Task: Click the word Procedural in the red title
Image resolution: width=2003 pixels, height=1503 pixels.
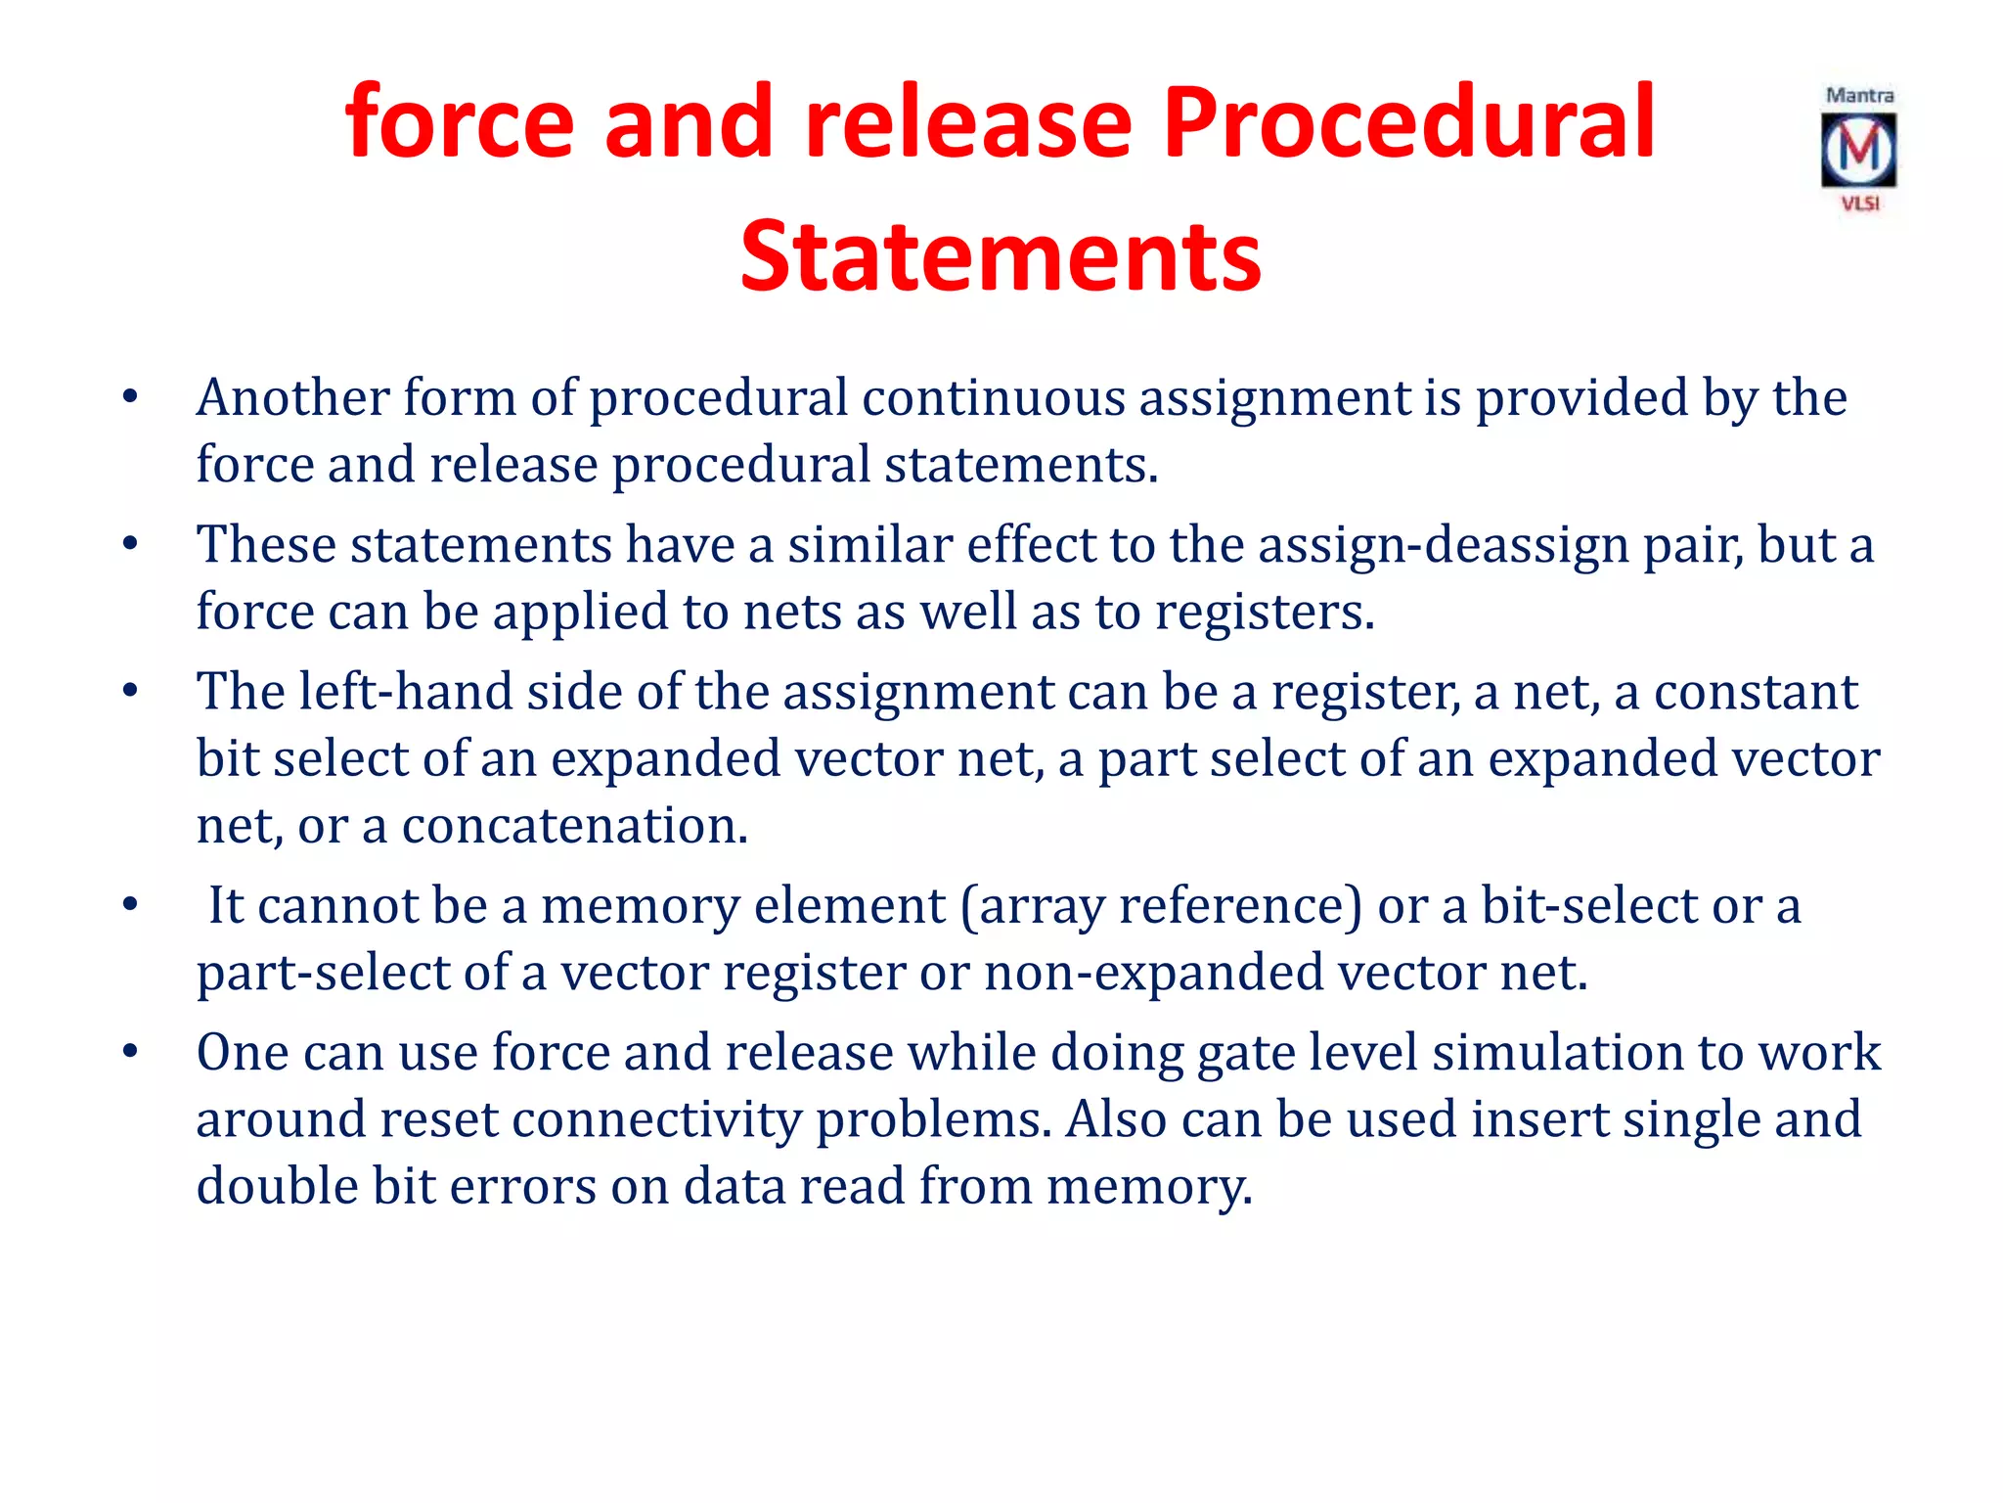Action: (1408, 124)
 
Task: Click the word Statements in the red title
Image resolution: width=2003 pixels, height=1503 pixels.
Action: (1001, 256)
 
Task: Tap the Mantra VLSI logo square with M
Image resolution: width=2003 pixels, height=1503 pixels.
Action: (1858, 151)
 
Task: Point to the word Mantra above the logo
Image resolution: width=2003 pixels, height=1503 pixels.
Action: (1859, 96)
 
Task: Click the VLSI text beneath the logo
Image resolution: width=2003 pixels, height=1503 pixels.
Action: (1860, 204)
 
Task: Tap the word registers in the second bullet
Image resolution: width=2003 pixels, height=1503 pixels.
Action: (1264, 612)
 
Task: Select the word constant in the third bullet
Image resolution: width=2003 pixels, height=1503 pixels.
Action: (1756, 692)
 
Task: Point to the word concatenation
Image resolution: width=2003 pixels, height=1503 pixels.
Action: (574, 826)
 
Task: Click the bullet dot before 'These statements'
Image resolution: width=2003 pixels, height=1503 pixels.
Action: (130, 544)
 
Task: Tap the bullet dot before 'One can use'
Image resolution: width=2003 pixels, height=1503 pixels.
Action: (130, 1052)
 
